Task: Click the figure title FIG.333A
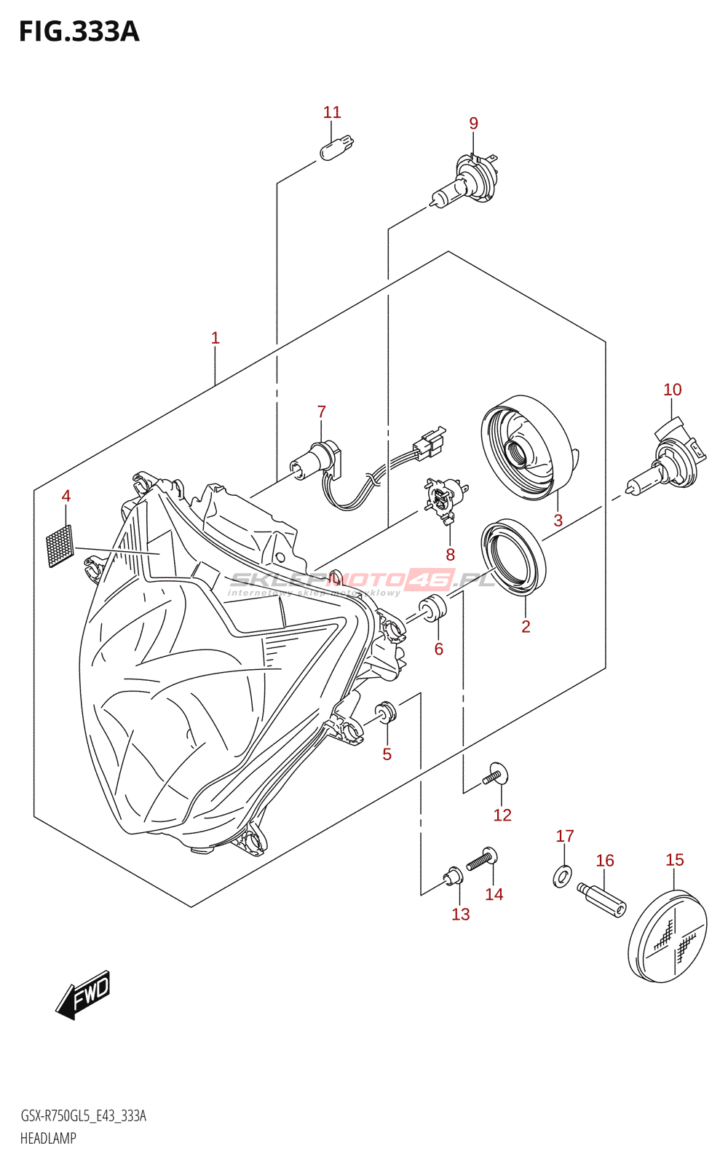pyautogui.click(x=79, y=31)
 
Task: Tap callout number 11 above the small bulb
pyautogui.click(x=332, y=112)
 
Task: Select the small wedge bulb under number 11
pyautogui.click(x=336, y=146)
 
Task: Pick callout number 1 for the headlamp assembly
pyautogui.click(x=215, y=338)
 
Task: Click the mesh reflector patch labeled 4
pyautogui.click(x=60, y=545)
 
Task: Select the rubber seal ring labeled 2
pyautogui.click(x=513, y=558)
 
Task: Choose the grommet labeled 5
pyautogui.click(x=385, y=713)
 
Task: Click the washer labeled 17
pyautogui.click(x=562, y=876)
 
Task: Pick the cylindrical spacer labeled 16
pyautogui.click(x=601, y=900)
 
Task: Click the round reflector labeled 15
pyautogui.click(x=668, y=937)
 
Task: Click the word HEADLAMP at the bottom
pyautogui.click(x=48, y=1138)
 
